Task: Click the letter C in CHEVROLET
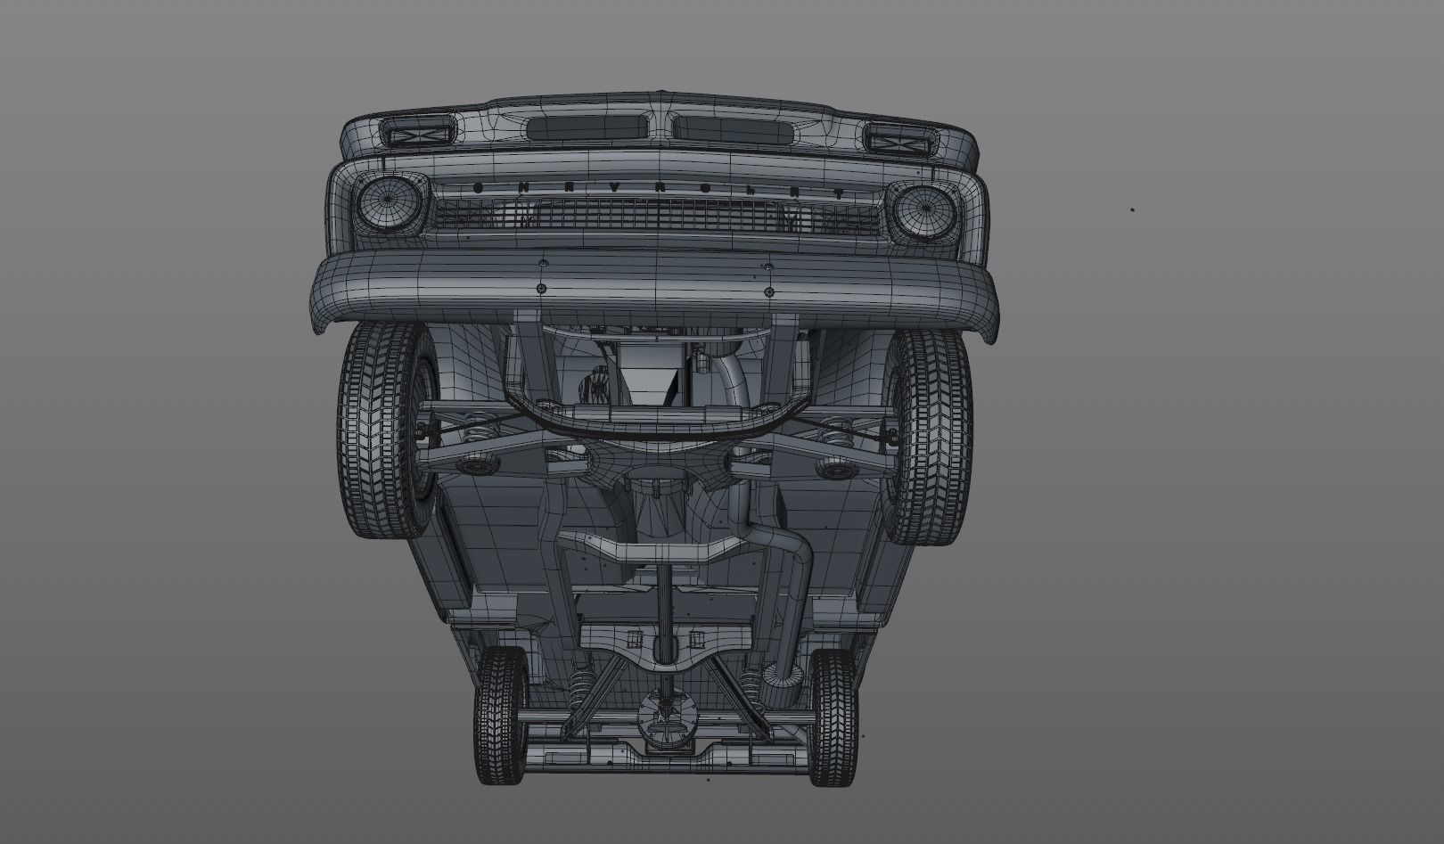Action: (x=477, y=188)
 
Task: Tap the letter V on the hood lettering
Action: (x=614, y=188)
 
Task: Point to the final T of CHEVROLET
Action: (x=839, y=193)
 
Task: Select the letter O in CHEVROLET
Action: (x=706, y=189)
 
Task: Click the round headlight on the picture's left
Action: (x=390, y=204)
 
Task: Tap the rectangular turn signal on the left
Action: (x=415, y=135)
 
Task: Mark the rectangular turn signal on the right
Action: (x=899, y=139)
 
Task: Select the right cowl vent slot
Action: (x=734, y=129)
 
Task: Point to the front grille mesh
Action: (x=655, y=214)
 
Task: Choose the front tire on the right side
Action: (x=931, y=437)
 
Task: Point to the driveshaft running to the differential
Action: (x=664, y=615)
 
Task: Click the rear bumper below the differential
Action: (x=664, y=758)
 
